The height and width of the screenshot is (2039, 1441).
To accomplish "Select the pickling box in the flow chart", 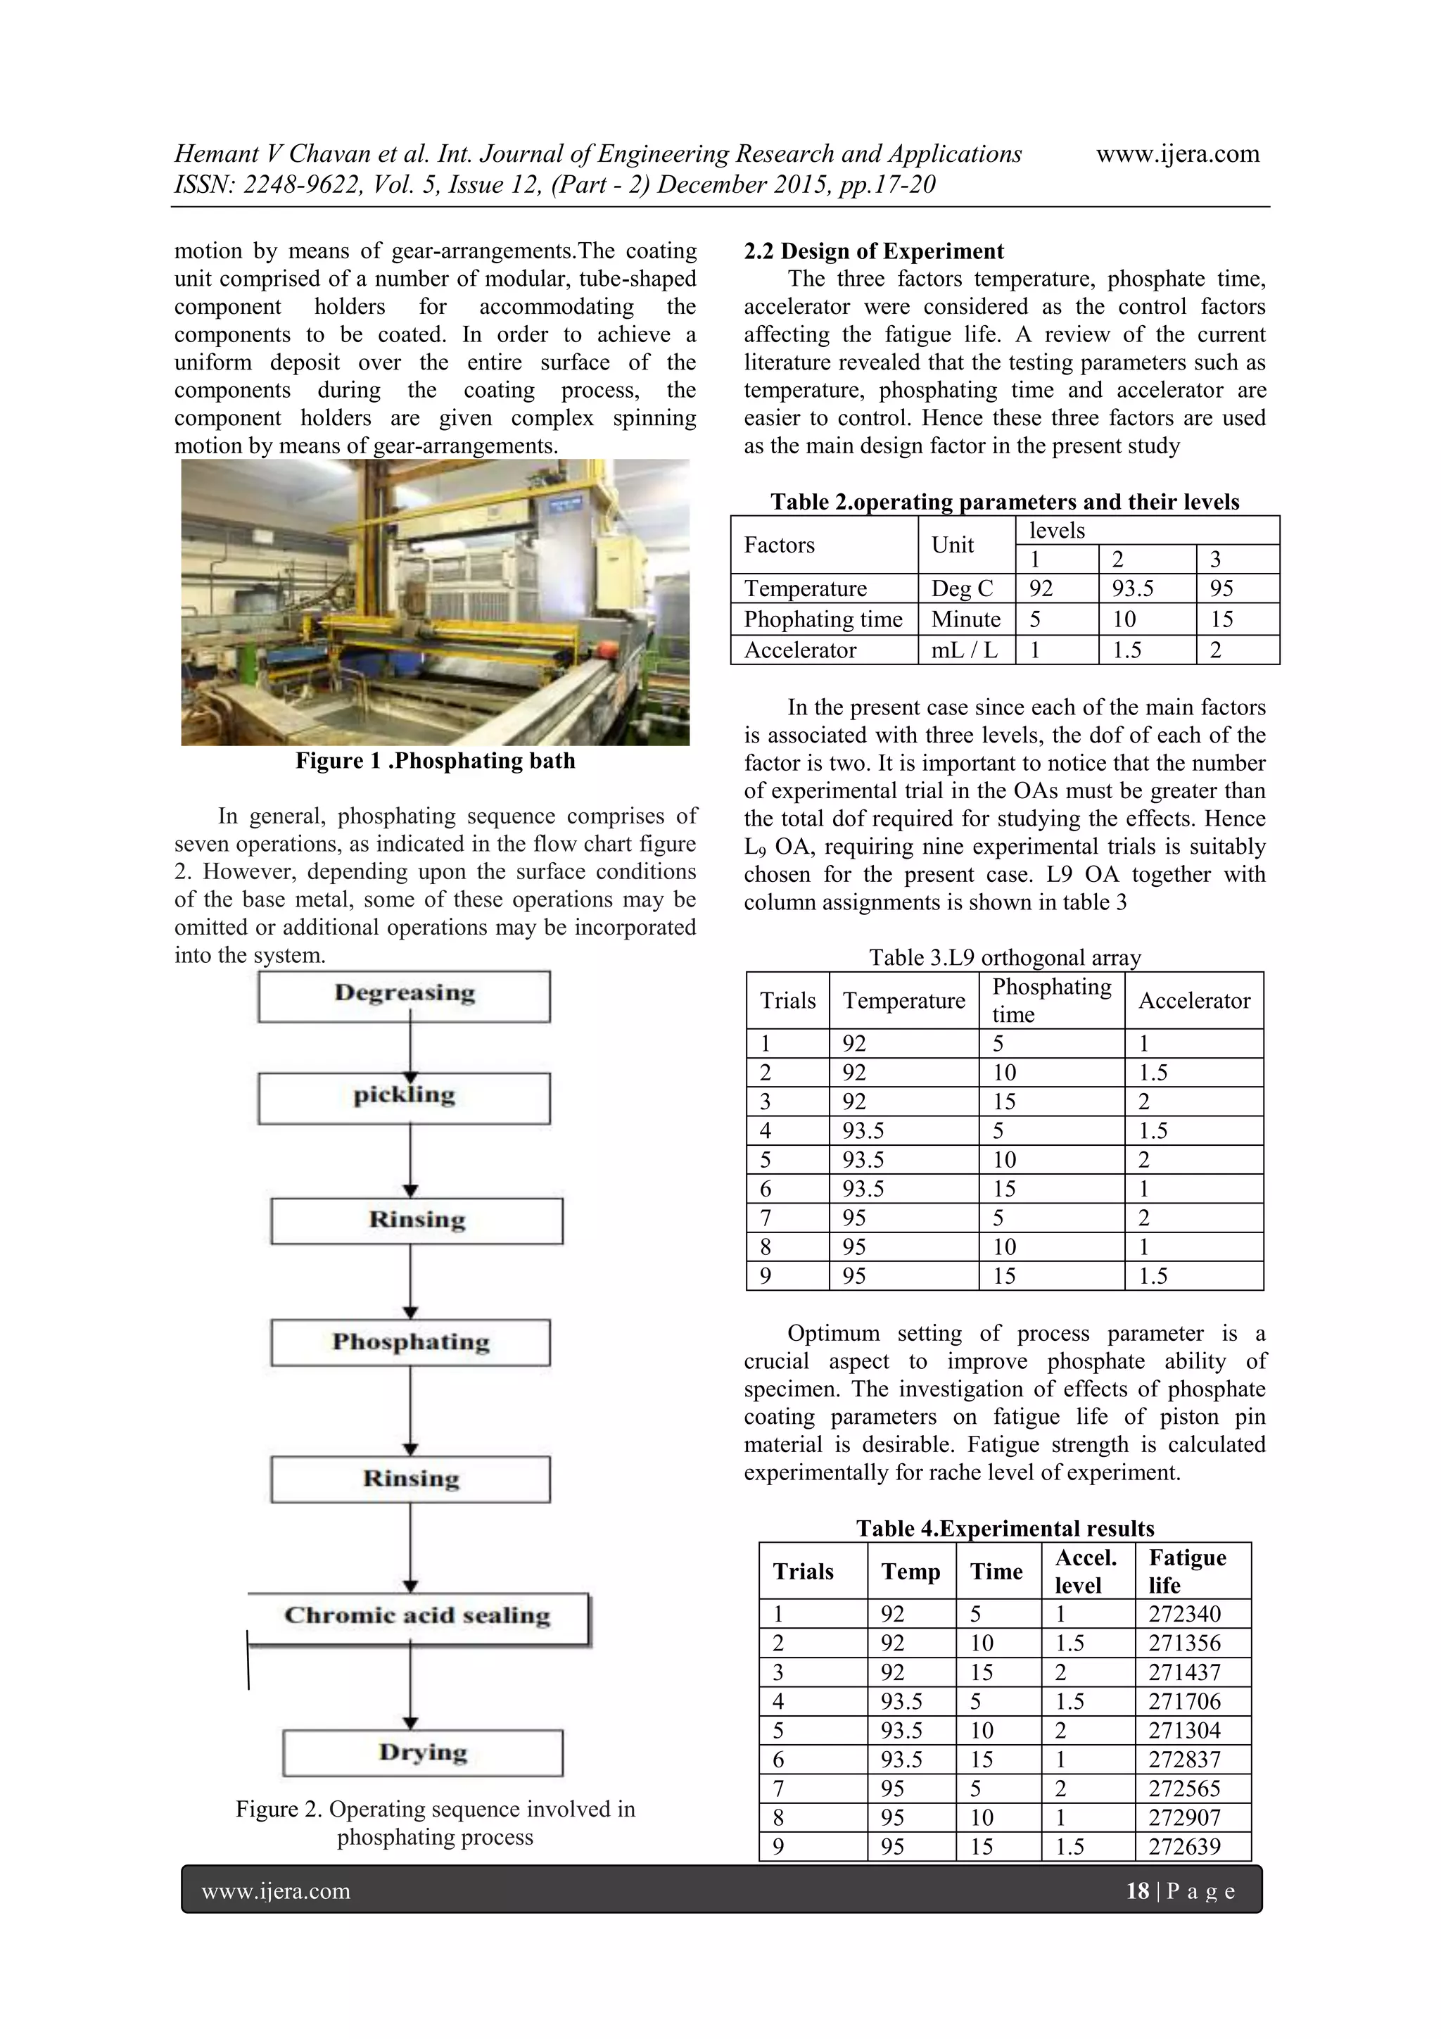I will tap(404, 1098).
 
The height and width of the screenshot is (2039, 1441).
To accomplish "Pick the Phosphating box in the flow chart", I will tap(410, 1342).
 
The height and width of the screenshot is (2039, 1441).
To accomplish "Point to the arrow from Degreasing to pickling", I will tap(410, 1048).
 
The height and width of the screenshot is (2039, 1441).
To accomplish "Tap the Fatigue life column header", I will tap(1187, 1571).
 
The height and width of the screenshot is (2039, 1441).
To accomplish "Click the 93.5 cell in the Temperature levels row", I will tap(1133, 589).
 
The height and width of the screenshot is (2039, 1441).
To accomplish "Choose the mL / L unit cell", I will tap(964, 650).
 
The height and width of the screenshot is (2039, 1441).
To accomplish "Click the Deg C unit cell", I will tap(962, 589).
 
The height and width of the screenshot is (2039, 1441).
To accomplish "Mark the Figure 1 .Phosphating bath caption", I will tap(435, 761).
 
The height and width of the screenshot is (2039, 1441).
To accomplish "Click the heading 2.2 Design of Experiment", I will tap(874, 251).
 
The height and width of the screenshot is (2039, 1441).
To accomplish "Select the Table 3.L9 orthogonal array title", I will tap(1004, 957).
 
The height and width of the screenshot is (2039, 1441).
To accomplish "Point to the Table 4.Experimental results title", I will tap(1004, 1528).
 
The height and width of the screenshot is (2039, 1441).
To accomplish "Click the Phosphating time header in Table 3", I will tap(1051, 1000).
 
